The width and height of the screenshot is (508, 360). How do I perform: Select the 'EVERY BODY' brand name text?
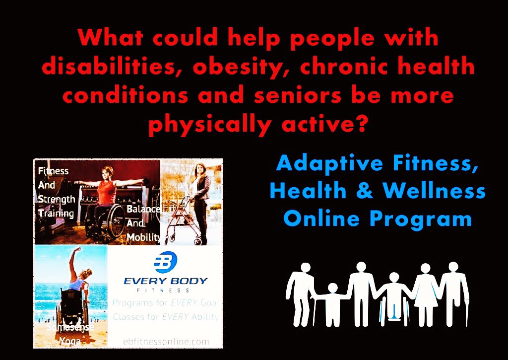[165, 281]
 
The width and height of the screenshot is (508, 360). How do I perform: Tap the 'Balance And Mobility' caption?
[143, 223]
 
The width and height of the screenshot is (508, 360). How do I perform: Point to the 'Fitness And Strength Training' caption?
[56, 192]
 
